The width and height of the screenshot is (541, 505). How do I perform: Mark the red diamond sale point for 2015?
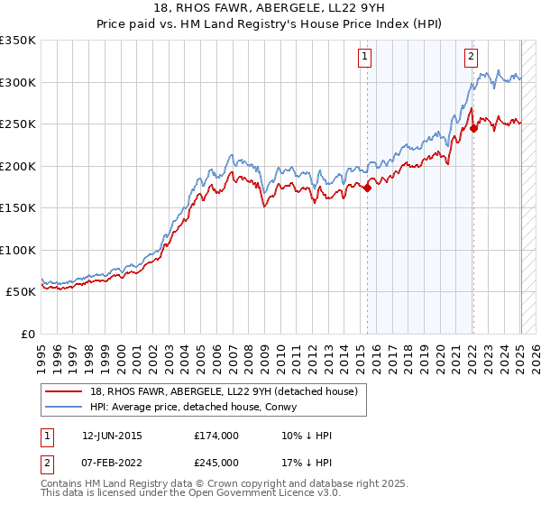click(367, 188)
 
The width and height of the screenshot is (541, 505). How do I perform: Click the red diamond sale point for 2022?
click(473, 128)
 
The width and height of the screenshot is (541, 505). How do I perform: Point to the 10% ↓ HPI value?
click(307, 436)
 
